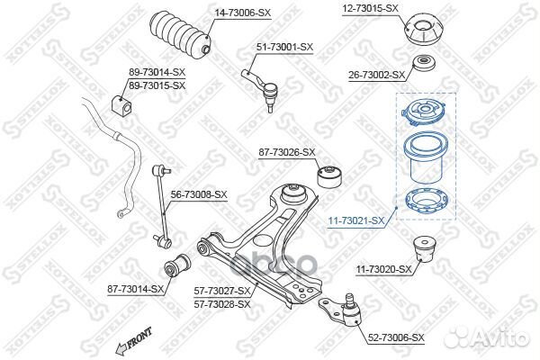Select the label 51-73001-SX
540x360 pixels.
[285, 47]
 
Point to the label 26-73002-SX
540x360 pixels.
[376, 76]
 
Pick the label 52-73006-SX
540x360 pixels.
[396, 338]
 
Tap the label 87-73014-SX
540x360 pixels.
[136, 289]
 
